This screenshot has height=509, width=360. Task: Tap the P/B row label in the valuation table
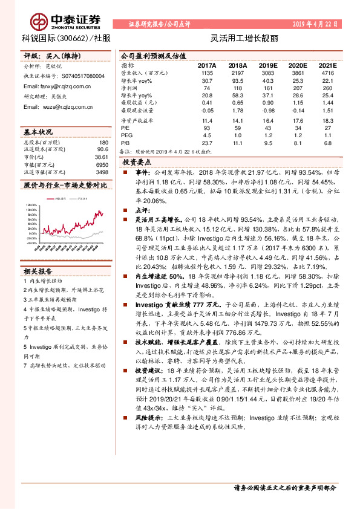click(125, 143)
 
